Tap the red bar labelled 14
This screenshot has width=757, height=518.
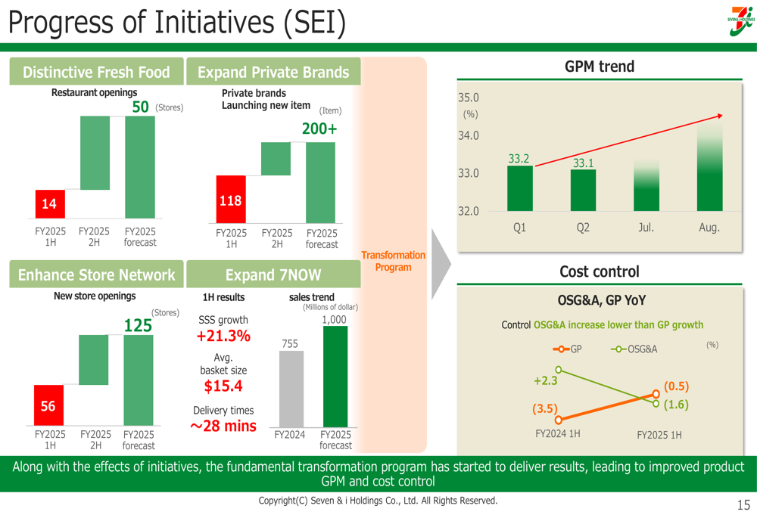point(49,204)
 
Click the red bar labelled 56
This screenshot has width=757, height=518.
point(48,407)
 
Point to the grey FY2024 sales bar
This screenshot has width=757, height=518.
point(290,389)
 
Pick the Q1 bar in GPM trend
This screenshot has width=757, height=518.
point(519,188)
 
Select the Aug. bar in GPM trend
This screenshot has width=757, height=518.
point(709,166)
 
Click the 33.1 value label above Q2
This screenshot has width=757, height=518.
point(583,163)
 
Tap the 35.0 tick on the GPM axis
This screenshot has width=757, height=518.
point(469,98)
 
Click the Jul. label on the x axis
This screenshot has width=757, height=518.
point(646,227)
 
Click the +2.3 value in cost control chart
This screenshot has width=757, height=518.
point(545,381)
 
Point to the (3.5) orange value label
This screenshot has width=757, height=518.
point(544,408)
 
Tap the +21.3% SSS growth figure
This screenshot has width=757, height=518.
point(223,336)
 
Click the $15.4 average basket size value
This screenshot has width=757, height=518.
point(223,386)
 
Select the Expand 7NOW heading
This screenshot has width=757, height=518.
point(273,275)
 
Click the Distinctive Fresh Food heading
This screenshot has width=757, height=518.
point(96,73)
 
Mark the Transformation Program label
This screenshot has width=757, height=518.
point(394,261)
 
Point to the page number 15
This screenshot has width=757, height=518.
point(743,504)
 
